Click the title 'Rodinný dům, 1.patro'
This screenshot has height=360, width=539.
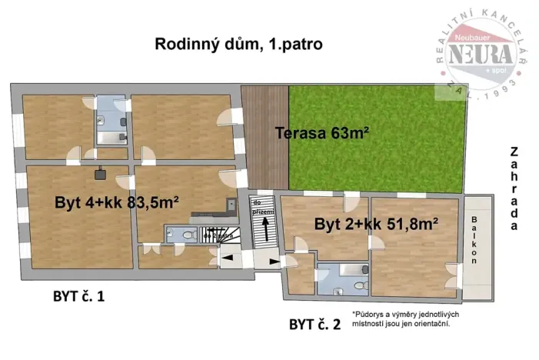point(238,45)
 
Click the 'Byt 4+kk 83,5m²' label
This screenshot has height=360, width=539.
point(117,203)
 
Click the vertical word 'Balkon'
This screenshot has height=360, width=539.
point(474,240)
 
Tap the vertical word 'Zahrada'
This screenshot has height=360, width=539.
point(514,188)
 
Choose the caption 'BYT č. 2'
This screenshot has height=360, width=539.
point(314,324)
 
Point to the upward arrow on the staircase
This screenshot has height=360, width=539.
point(266,228)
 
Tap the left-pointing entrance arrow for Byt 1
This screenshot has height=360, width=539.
point(228,258)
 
